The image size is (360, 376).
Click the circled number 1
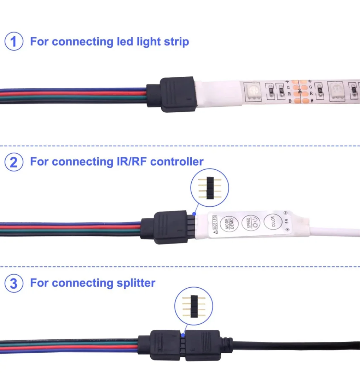click(14, 42)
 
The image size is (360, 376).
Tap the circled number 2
click(14, 163)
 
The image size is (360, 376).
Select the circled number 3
click(14, 283)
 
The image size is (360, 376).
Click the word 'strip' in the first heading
click(176, 42)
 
